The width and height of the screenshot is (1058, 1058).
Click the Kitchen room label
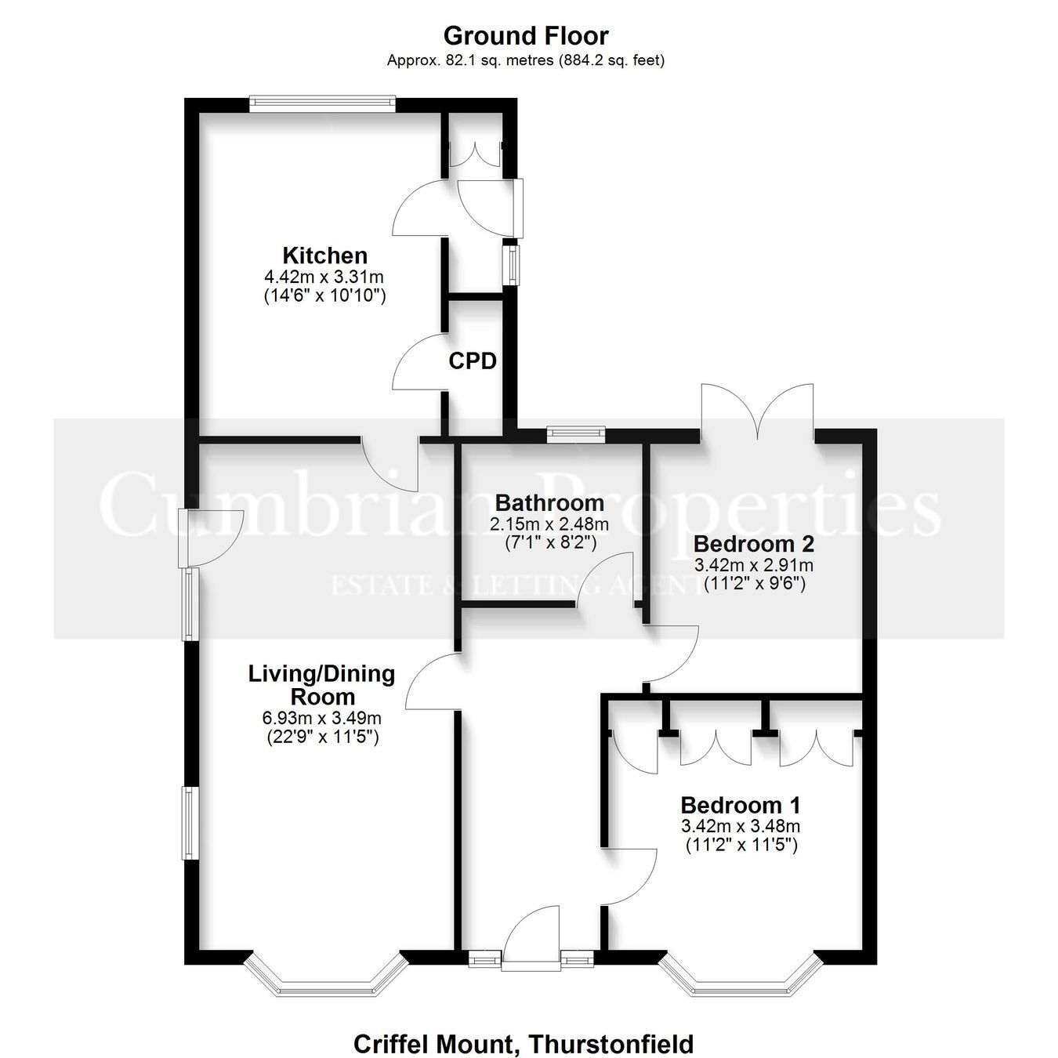324,255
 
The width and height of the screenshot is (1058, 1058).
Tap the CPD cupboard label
472,361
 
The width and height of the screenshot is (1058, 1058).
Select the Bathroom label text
549,503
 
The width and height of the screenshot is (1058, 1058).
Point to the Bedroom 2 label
754,545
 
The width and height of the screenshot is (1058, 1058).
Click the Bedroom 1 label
741,806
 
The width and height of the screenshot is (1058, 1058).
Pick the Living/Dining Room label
322,685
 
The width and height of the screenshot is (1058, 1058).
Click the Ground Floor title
526,36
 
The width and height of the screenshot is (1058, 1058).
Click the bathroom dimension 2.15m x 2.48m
549,524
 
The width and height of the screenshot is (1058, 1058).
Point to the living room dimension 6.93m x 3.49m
322,718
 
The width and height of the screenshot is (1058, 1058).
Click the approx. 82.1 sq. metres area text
525,60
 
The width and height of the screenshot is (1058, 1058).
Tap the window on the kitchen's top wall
322,103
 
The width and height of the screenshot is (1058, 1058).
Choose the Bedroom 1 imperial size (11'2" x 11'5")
741,846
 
